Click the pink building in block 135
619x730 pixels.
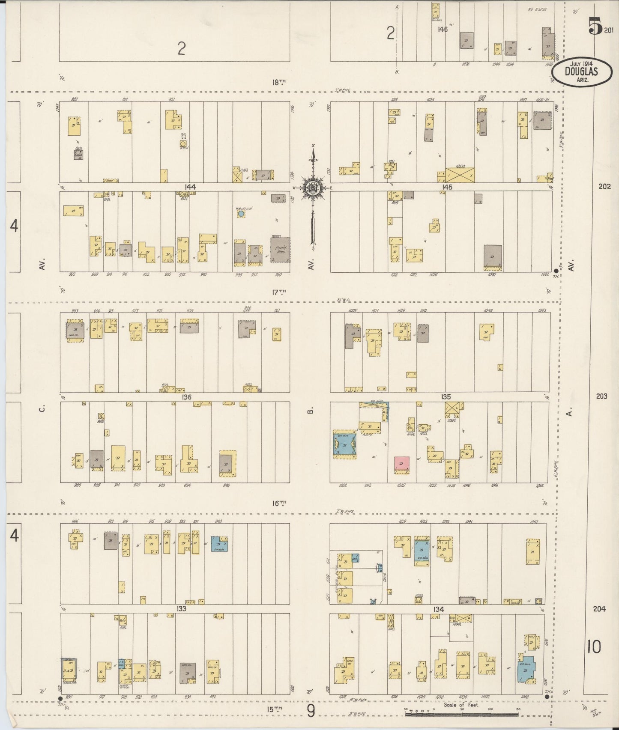[x=401, y=465]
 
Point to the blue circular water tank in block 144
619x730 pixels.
[x=241, y=213]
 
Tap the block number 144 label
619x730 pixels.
[x=190, y=187]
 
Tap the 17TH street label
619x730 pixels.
[x=279, y=292]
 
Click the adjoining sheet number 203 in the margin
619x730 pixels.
[x=601, y=396]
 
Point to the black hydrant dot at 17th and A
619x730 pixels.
[x=556, y=271]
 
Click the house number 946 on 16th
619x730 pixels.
[x=226, y=486]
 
